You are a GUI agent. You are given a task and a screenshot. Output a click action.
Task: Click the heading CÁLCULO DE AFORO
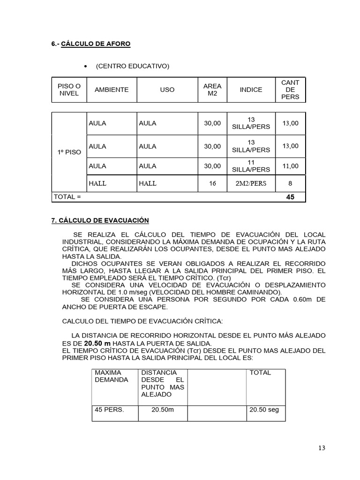click(96, 44)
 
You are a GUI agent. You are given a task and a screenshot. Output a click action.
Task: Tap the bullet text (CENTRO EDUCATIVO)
click(132, 66)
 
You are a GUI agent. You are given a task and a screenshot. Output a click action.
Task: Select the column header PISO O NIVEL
click(69, 90)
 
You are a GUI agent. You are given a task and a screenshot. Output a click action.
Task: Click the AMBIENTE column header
click(112, 90)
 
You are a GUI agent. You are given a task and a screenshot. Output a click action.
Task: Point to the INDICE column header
click(251, 90)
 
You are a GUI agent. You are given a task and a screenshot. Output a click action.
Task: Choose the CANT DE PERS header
click(290, 90)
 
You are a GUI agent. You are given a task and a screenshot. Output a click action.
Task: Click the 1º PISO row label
click(69, 152)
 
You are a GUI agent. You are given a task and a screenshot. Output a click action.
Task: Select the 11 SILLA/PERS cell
click(251, 166)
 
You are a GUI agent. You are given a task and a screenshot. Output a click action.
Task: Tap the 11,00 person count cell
click(290, 166)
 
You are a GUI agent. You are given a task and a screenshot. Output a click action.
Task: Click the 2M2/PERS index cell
click(251, 183)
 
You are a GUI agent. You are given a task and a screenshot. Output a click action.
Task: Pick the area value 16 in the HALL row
click(212, 183)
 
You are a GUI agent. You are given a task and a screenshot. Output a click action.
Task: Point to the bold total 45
click(290, 197)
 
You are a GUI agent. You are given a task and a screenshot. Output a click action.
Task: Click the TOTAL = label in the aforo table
click(67, 197)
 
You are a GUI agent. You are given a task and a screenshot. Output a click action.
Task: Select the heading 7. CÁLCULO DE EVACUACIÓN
click(100, 220)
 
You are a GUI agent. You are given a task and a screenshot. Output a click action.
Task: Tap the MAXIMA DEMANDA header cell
click(111, 376)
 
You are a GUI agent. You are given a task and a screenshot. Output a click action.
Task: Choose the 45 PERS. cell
click(109, 409)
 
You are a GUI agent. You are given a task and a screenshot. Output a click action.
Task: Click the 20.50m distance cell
click(163, 409)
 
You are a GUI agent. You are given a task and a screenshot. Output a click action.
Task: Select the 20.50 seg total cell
click(264, 409)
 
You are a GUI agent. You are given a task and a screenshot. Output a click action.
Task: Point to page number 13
click(321, 448)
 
